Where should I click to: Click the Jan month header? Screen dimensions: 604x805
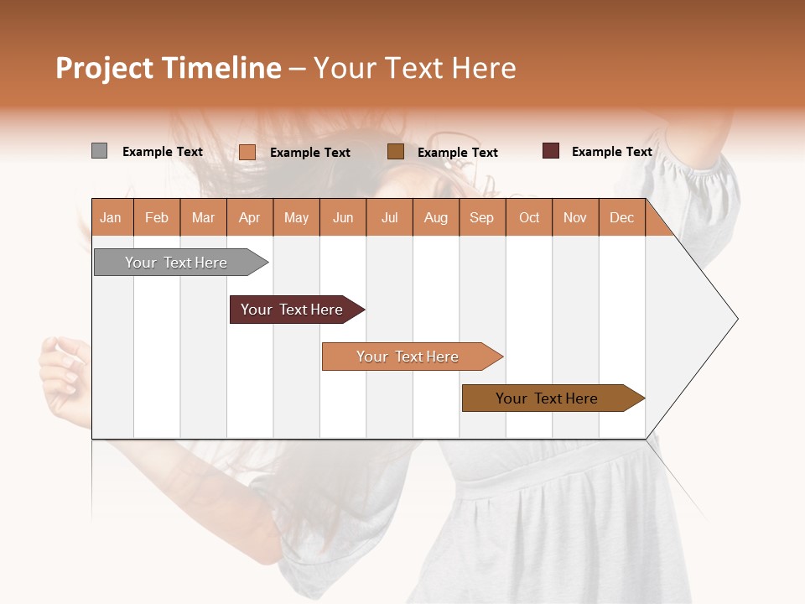[111, 217]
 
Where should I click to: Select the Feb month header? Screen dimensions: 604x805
[157, 217]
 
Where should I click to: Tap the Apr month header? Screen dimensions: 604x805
[249, 217]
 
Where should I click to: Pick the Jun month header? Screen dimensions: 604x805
[343, 217]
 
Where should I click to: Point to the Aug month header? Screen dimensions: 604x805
[435, 217]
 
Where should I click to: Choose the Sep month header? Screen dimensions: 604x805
[481, 217]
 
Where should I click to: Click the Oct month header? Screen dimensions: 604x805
[529, 217]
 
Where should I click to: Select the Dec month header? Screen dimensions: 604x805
[621, 217]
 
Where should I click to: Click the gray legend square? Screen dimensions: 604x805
[99, 151]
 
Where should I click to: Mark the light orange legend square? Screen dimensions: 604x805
[247, 152]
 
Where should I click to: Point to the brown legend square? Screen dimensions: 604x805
[396, 151]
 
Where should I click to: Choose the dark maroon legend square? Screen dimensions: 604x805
[551, 151]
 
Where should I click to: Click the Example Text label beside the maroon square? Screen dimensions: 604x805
[611, 152]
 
